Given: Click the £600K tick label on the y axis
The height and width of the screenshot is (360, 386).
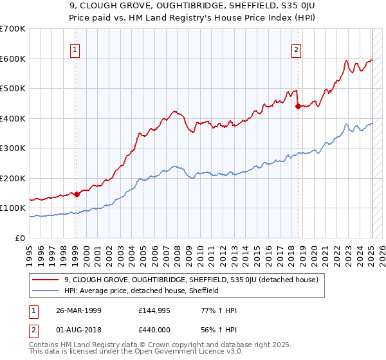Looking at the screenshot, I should tap(13, 59).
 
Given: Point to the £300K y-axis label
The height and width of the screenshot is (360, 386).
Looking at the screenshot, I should tap(13, 148).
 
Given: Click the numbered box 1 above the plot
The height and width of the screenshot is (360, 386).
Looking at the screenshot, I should tap(76, 50).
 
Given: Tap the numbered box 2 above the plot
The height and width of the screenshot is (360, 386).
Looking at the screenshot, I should tap(297, 50).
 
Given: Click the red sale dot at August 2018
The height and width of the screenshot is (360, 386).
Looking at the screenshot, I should tap(298, 107).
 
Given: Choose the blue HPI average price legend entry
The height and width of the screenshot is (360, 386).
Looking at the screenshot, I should tap(142, 291).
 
